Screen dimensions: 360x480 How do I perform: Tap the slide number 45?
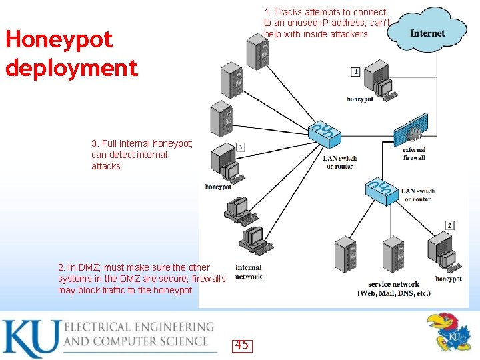click(x=241, y=345)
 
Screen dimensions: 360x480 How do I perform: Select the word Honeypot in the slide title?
click(x=59, y=39)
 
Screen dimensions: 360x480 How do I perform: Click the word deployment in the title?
click(x=72, y=67)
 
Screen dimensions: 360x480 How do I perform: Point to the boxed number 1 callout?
click(x=355, y=71)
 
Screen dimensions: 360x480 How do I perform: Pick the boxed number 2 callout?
click(x=449, y=225)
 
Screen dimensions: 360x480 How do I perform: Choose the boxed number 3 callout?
click(x=240, y=147)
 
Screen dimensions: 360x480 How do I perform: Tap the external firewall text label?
click(x=414, y=154)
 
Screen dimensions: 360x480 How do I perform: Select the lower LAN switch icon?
click(x=382, y=190)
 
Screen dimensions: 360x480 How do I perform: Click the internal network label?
click(x=248, y=272)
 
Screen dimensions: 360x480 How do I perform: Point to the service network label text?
click(x=393, y=288)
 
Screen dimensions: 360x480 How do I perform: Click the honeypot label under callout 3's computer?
click(x=218, y=187)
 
